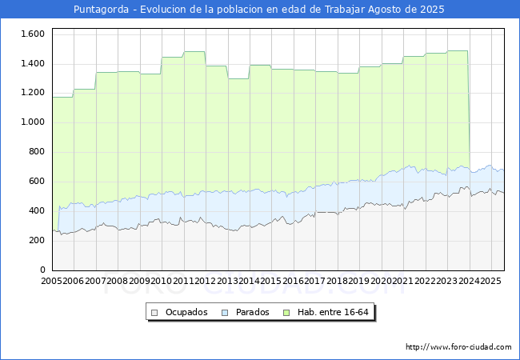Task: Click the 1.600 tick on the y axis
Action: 33,34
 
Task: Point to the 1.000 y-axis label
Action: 33,122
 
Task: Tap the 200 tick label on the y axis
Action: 37,240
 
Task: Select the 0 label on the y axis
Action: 42,270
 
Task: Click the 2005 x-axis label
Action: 51,281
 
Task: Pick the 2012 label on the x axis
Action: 206,281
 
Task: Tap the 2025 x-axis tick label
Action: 490,281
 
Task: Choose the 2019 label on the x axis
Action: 359,281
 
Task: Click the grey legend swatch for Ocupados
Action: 154,313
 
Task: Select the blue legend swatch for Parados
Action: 225,313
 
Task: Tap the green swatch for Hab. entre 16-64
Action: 286,313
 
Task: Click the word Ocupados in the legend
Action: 186,312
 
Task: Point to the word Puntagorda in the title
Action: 101,10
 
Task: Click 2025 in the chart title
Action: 432,9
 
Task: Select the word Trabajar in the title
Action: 345,10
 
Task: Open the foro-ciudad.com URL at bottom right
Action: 458,347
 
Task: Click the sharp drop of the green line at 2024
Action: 469,110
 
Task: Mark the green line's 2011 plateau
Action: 194,52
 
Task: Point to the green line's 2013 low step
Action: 238,79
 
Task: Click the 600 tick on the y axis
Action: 37,181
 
